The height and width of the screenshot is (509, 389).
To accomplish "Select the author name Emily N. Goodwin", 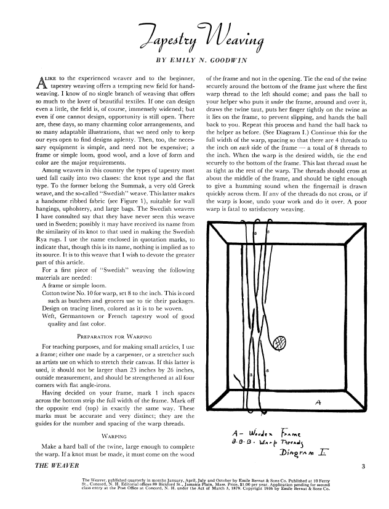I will [x=206, y=62].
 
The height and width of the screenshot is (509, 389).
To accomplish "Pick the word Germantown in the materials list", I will [x=84, y=314].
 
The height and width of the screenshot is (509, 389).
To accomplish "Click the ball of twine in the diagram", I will [x=280, y=341].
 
